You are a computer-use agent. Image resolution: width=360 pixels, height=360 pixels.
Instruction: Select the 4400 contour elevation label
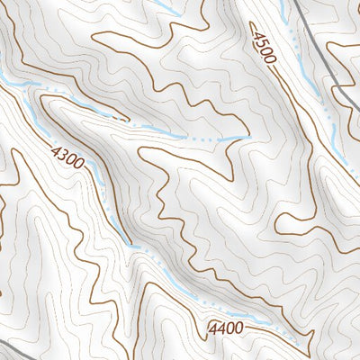pyautogui.click(x=225, y=328)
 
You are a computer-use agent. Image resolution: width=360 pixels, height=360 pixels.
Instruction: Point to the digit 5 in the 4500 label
pyautogui.click(x=261, y=41)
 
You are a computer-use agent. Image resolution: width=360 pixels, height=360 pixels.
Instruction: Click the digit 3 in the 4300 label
pyautogui.click(x=65, y=157)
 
